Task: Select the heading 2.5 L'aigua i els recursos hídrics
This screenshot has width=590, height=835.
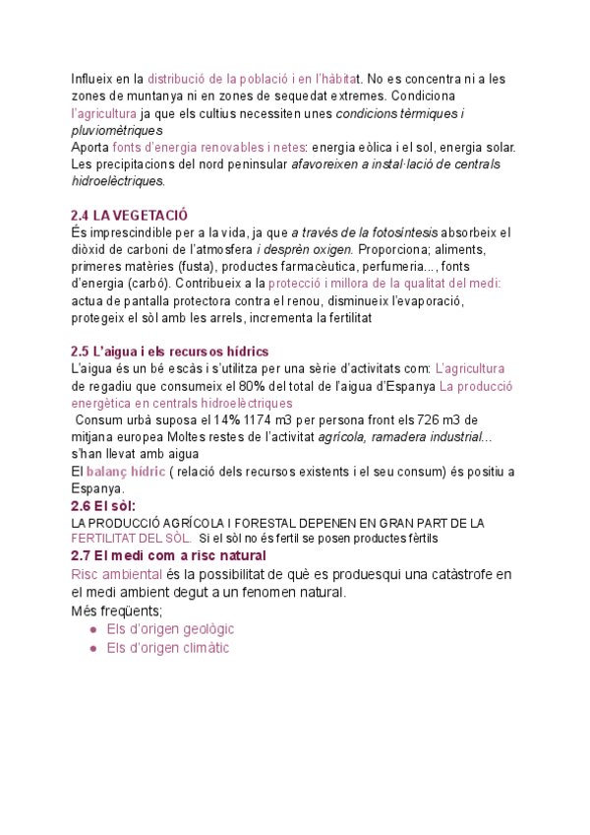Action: click(x=169, y=352)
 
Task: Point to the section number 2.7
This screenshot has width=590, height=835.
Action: click(x=82, y=556)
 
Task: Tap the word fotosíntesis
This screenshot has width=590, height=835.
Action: click(x=394, y=232)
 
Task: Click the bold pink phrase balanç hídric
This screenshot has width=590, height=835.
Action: click(x=125, y=472)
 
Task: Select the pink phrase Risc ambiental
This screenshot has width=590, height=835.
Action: click(x=117, y=574)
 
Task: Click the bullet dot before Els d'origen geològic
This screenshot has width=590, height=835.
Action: click(x=92, y=629)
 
